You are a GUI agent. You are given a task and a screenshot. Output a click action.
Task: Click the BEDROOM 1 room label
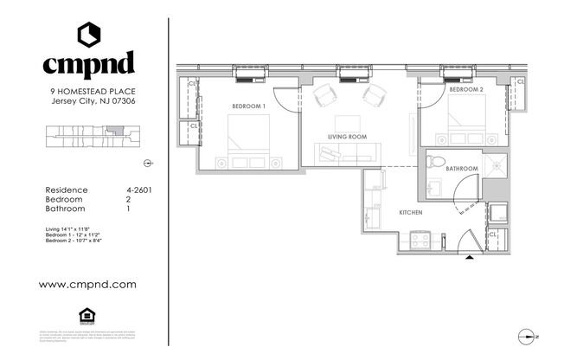247,106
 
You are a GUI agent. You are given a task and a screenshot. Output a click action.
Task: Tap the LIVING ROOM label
347,137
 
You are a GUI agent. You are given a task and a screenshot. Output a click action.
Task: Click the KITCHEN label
410,211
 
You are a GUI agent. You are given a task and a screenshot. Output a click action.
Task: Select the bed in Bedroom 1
247,138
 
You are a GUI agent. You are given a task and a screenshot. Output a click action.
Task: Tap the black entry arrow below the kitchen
470,257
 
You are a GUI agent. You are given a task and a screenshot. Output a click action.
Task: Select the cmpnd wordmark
89,63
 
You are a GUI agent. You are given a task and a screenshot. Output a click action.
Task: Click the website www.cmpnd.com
89,283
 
